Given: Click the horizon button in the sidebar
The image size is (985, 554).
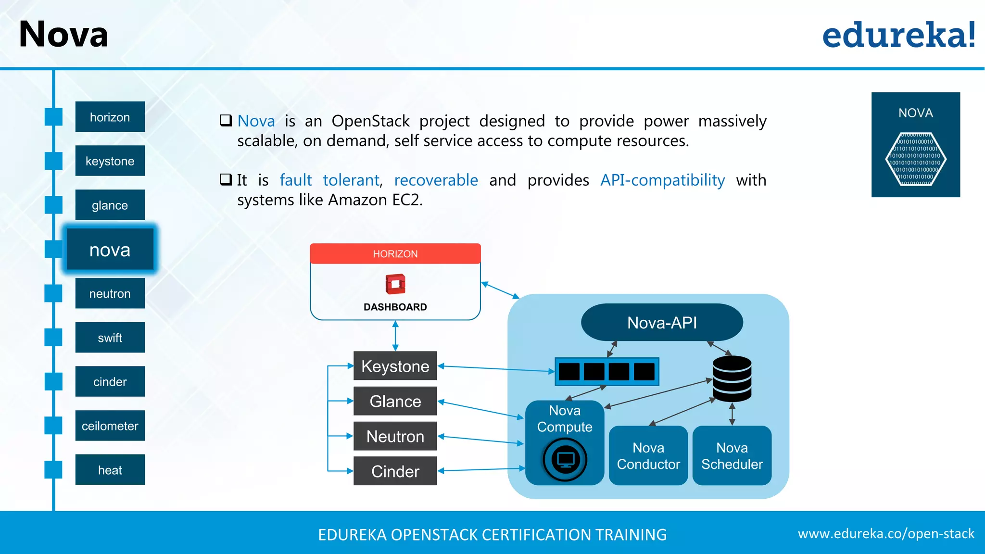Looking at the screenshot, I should coord(110,117).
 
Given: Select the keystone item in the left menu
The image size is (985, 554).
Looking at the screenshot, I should coord(110,161).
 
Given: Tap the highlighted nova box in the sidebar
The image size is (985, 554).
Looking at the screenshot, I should coord(110,250).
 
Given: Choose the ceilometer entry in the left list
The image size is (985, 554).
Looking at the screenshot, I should coord(110,426).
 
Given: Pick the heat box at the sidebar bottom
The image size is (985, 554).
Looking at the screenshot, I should coord(110,470).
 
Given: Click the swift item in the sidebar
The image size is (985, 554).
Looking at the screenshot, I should coord(110,338).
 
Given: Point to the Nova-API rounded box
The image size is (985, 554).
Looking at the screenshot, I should coord(662,322).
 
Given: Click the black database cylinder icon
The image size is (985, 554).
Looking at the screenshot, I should coord(732,378).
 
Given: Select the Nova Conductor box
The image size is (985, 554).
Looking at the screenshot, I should coord(648,455).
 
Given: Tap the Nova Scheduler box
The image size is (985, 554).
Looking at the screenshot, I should coord(732,455).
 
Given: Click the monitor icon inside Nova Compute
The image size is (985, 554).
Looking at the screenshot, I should coord(565,459).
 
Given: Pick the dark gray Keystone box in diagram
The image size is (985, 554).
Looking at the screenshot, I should coord(395,366).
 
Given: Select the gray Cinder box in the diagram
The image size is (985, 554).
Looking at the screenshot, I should coord(395,471).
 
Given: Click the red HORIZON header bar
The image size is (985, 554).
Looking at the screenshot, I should coord(395,253).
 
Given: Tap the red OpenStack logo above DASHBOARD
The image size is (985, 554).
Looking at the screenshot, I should coord(395,284).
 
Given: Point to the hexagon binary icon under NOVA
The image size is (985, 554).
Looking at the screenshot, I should coord(916,159).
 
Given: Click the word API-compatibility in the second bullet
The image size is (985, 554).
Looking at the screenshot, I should coord(662,180).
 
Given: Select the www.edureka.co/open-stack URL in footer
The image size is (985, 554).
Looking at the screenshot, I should coord(886,533).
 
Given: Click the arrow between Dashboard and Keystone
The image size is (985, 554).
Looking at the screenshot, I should coord(395,336).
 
